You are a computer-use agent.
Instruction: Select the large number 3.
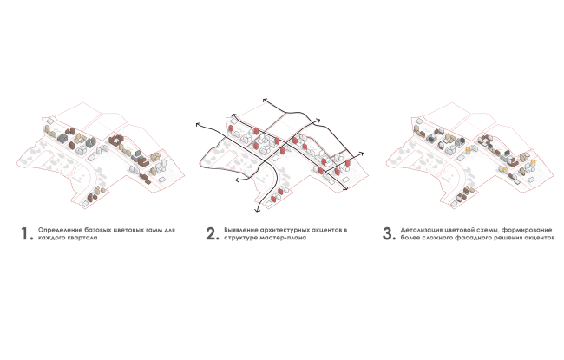(388, 233)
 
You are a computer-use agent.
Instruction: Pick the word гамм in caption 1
(154, 230)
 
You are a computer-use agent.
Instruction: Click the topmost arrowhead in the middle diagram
(266, 101)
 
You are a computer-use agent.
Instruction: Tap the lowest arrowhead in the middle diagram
(257, 210)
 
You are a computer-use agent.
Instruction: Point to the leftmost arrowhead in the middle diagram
(198, 124)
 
